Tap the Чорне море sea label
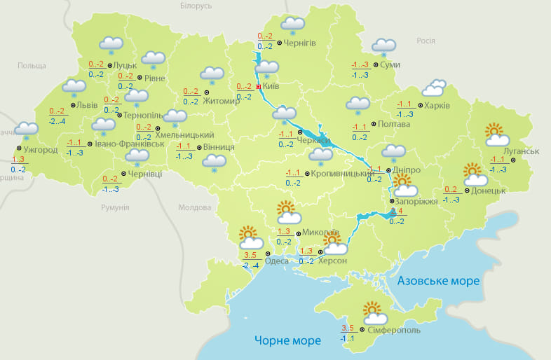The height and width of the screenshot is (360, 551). click(287, 340)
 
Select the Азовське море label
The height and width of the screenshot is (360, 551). click(438, 281)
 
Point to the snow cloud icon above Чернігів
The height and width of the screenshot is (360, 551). click(292, 26)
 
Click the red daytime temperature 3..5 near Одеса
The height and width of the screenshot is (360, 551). click(251, 254)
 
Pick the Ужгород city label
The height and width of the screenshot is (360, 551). click(40, 149)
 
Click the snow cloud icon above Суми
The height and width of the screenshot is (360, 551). click(383, 47)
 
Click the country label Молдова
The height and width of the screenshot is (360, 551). click(194, 208)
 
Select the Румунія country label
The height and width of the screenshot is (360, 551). click(114, 208)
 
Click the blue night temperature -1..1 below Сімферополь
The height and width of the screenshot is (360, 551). click(348, 338)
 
